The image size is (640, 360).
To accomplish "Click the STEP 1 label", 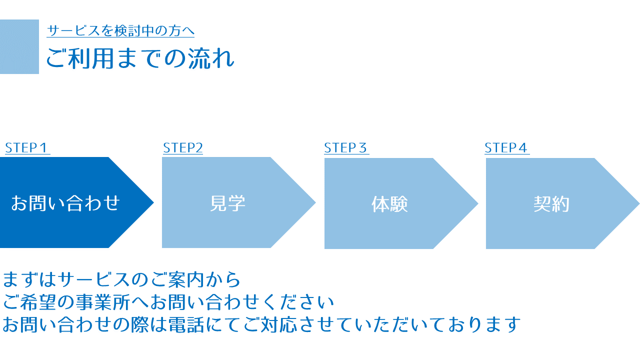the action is point(26,148).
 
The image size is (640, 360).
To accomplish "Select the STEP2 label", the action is point(183,148).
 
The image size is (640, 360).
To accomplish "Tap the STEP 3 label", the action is point(345,148).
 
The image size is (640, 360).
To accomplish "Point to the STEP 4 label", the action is point(506,148).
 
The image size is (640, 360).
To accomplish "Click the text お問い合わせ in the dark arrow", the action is point(65,203).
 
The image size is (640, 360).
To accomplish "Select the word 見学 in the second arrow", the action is point(227,203).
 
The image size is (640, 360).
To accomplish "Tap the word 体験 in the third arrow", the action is point(389,204).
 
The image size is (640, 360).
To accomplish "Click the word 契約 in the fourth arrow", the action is point(551,204).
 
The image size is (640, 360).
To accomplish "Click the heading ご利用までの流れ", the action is point(140,58).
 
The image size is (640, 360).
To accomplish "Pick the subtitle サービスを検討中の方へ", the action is point(120,30).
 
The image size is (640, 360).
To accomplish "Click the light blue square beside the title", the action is point(19,46).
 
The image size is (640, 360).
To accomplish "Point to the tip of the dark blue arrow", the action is point(153,202).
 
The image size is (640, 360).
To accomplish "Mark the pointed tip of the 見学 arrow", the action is point(315,202).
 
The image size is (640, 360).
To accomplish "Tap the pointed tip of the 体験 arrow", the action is point(478,203).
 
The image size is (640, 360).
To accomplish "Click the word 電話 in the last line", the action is point(186,324).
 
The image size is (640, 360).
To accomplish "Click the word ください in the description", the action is point(298,302).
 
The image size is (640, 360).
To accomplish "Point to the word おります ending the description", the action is point(484,324).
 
